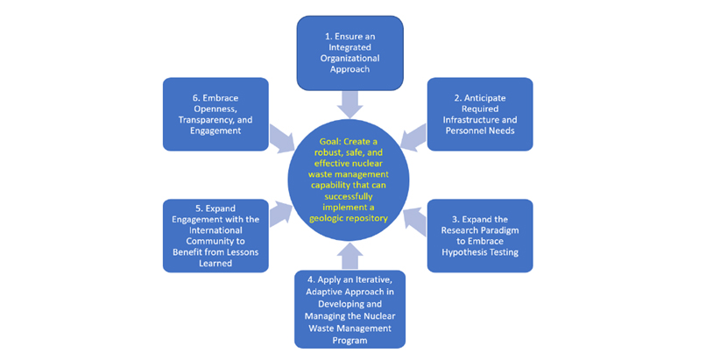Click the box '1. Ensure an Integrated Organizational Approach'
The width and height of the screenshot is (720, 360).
[x=349, y=53]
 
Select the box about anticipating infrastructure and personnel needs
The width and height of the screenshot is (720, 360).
[x=479, y=114]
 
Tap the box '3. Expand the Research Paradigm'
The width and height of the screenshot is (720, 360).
[x=479, y=235]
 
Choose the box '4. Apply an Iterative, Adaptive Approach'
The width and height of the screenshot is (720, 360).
[x=349, y=308]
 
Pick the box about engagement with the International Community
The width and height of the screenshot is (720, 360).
[x=215, y=236]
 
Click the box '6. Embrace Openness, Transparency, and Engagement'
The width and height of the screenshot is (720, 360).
[x=215, y=114]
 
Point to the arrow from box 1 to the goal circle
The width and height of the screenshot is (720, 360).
[x=349, y=102]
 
